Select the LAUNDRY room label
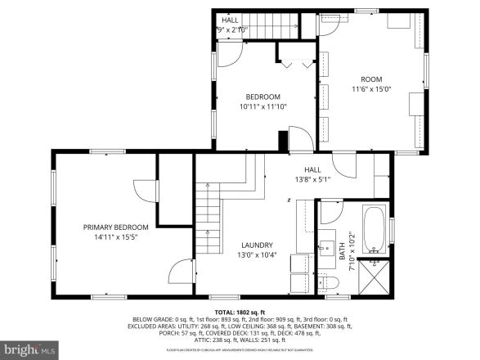pyautogui.click(x=256, y=245)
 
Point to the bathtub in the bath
pyautogui.click(x=374, y=230)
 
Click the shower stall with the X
pyautogui.click(x=375, y=276)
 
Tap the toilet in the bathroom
pyautogui.click(x=329, y=282)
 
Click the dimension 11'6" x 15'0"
pyautogui.click(x=372, y=89)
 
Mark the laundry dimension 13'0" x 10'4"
pyautogui.click(x=256, y=254)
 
